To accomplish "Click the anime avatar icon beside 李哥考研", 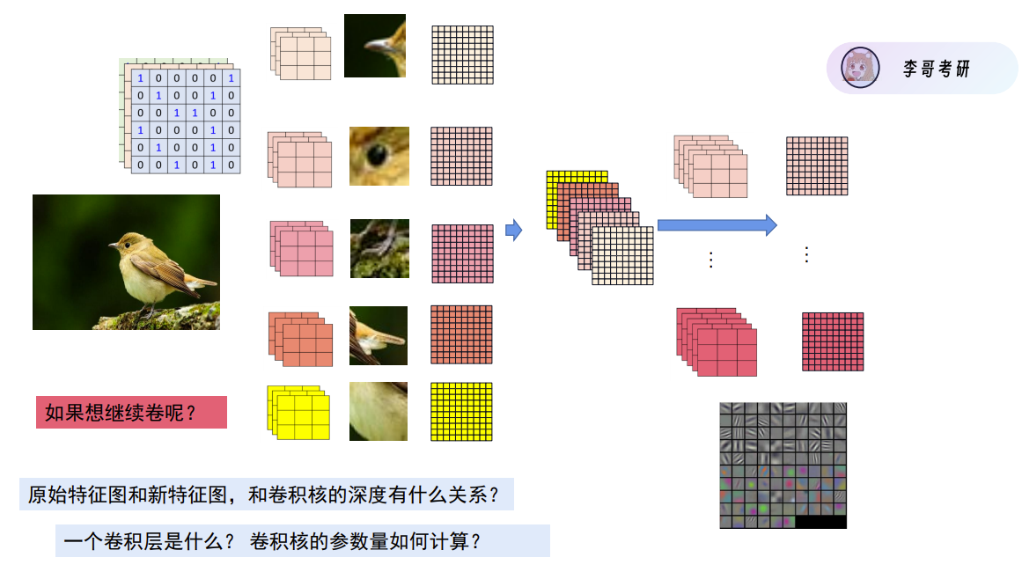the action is pos(860,68).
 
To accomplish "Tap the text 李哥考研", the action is pos(936,69).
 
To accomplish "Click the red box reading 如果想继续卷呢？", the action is pos(131,412).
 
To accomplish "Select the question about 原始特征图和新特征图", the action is pos(265,494).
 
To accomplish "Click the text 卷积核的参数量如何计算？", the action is pos(365,540).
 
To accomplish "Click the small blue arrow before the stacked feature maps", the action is pos(513,231).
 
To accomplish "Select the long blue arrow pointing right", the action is pos(717,225).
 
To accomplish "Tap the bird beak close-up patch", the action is pos(375,46).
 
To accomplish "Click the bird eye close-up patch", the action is pos(379,156).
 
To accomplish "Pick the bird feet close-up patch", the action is pos(379,248).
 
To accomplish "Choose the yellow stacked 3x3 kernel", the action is pos(299,413).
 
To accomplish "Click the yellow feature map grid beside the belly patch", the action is pos(461,411).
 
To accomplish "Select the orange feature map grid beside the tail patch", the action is pos(461,334).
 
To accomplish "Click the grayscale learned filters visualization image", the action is pos(783,465).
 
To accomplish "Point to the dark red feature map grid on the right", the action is pos(832,341).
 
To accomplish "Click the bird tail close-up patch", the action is pos(379,335).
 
